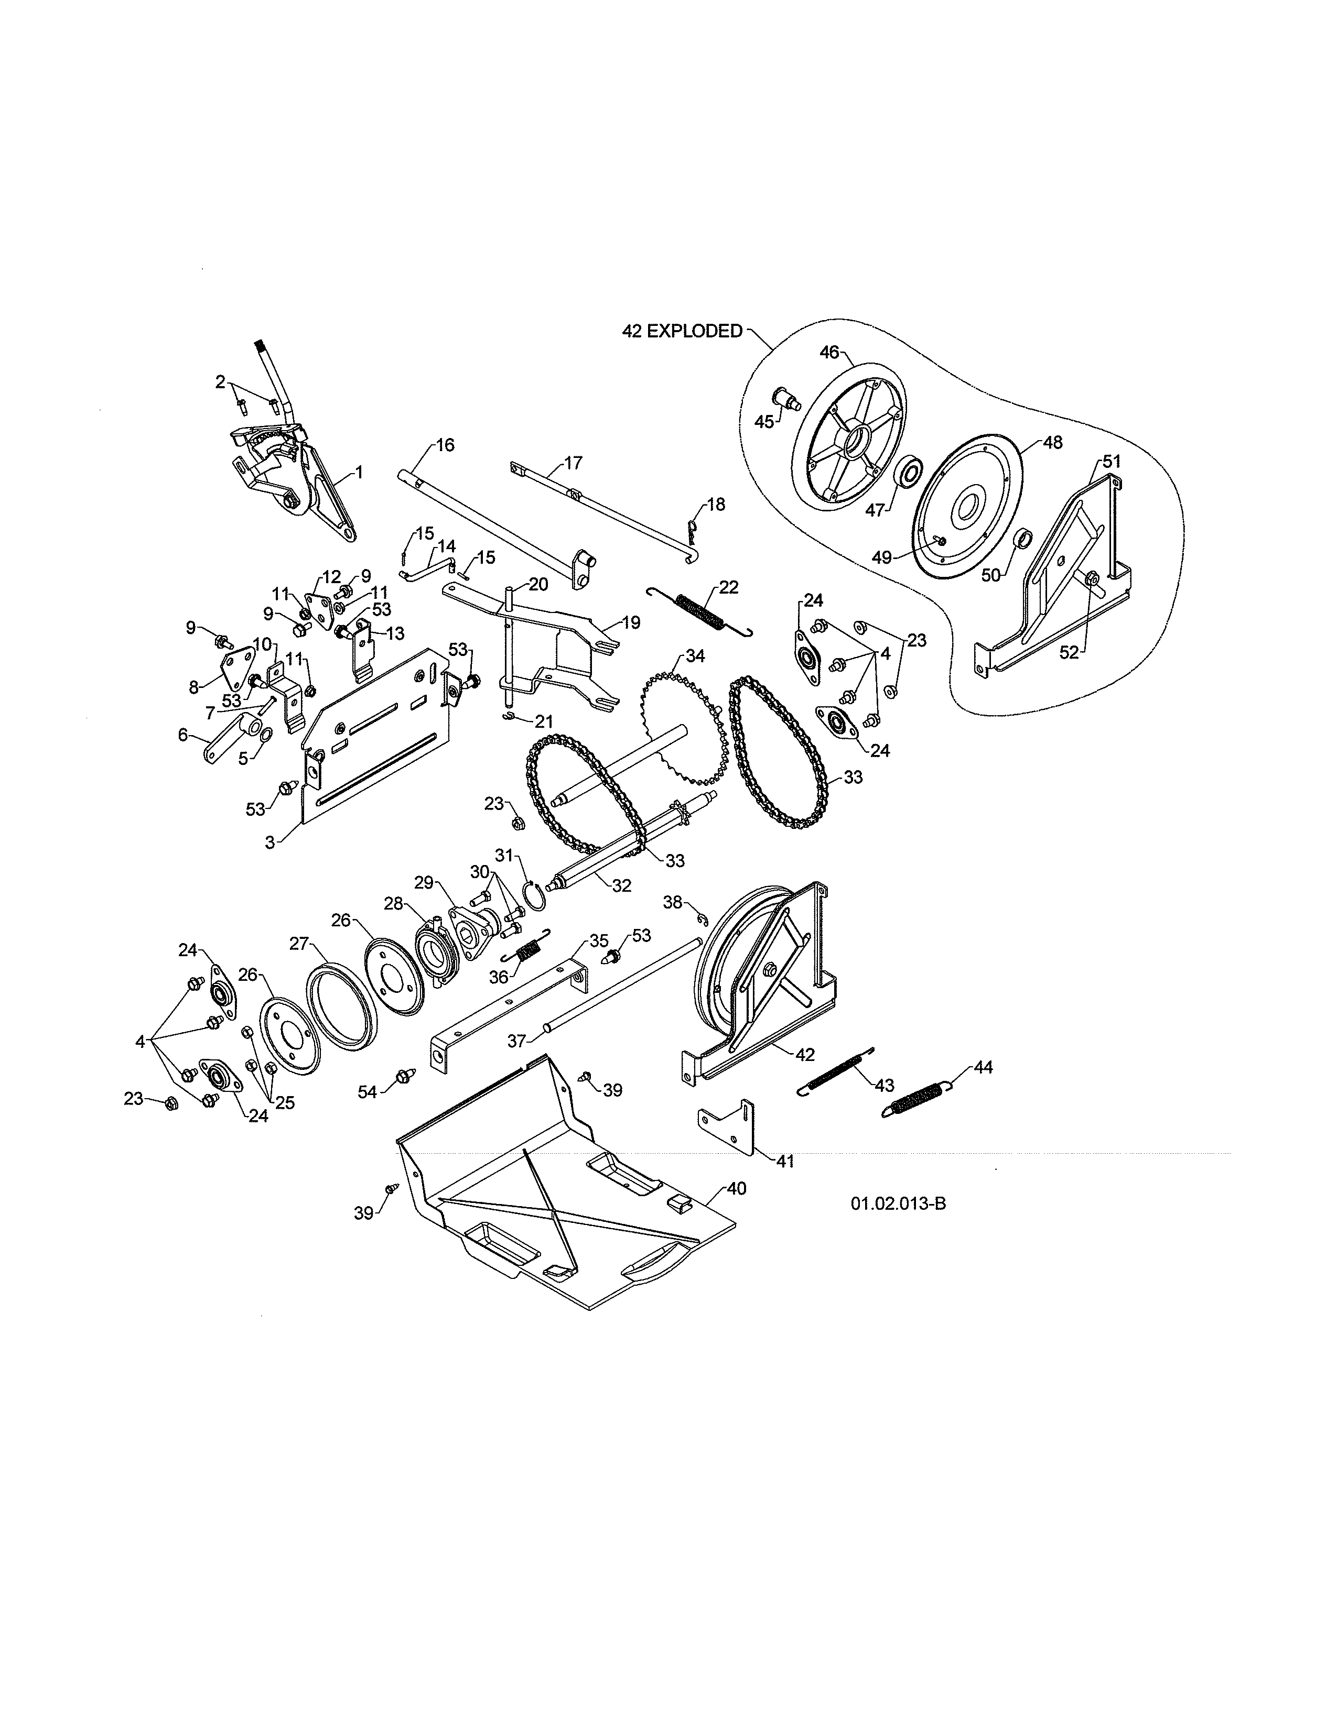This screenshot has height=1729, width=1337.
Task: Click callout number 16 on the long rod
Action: click(445, 445)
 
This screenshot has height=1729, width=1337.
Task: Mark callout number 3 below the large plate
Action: click(270, 843)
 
